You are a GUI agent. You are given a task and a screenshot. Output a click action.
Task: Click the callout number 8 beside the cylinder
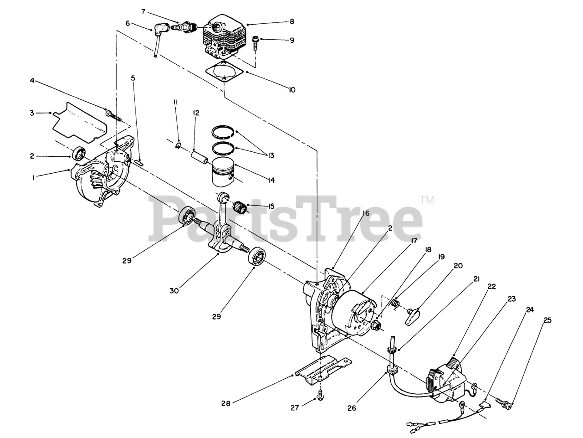tap(291, 21)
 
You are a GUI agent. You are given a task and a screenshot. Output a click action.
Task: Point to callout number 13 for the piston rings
tap(271, 156)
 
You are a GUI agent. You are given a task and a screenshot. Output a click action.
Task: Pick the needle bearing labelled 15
tap(239, 208)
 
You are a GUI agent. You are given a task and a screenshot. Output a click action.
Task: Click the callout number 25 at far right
tap(547, 320)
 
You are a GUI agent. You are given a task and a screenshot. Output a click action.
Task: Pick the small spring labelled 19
tap(396, 303)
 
